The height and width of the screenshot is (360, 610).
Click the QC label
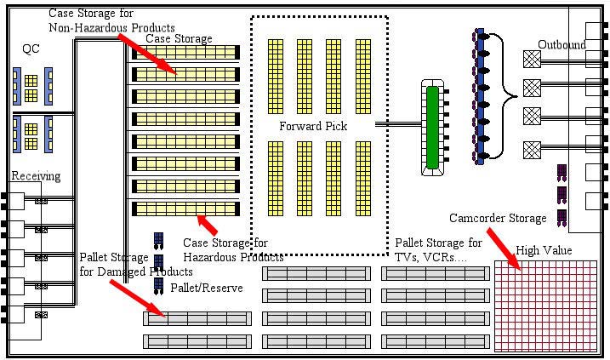31,49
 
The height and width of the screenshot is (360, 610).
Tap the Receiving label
36,176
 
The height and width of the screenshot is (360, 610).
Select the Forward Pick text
313,126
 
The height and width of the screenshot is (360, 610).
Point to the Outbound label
561,44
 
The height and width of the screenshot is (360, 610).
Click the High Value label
544,250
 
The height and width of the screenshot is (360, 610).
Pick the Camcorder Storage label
498,219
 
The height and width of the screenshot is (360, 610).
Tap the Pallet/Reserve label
207,288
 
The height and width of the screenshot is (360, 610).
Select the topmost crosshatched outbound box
532,58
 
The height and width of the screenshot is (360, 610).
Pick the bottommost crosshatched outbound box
532,147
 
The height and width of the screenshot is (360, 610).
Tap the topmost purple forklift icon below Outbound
562,173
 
